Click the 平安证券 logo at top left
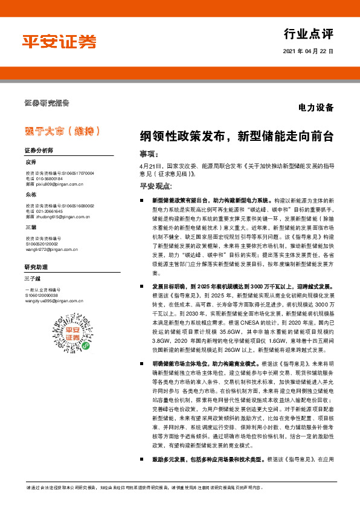(59, 41)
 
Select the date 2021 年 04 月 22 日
(307, 52)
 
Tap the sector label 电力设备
(316, 108)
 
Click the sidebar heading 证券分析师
(39, 150)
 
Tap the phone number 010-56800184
(49, 178)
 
